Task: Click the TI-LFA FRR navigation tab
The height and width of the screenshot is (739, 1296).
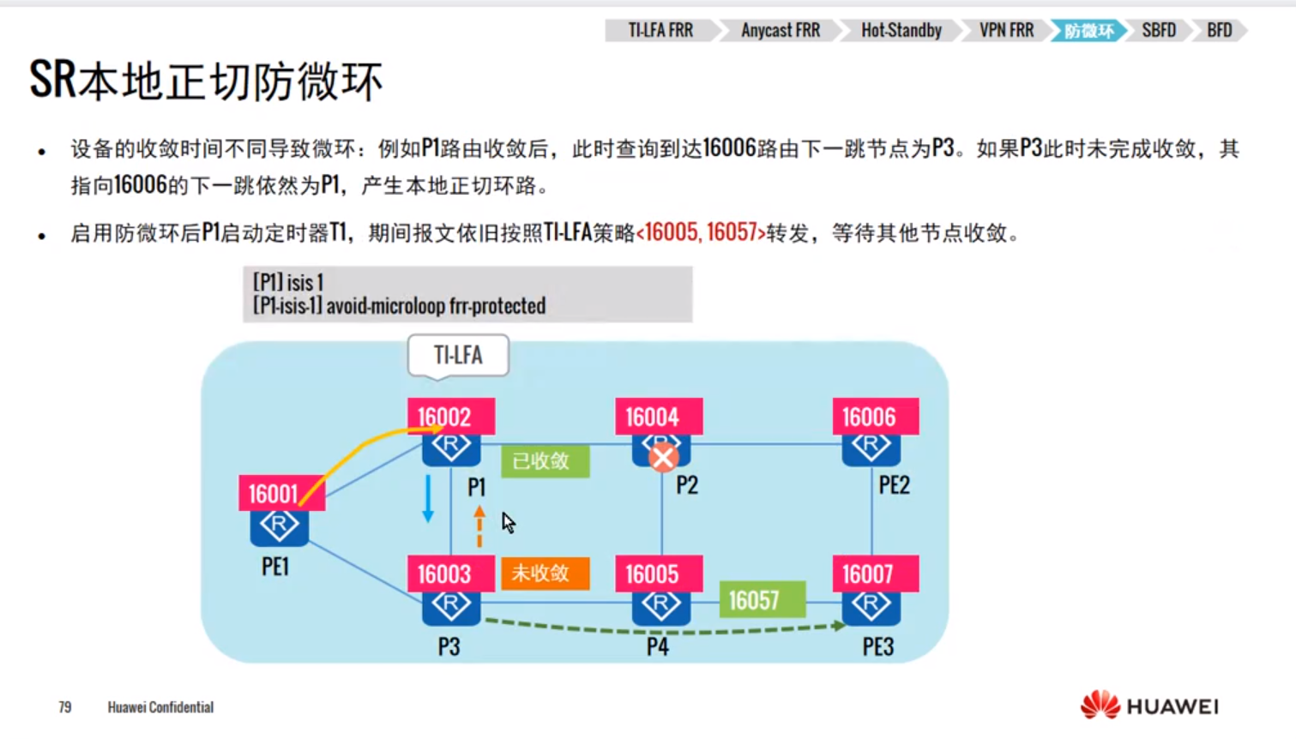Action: pyautogui.click(x=660, y=31)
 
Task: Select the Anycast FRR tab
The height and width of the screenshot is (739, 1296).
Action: pyautogui.click(x=780, y=31)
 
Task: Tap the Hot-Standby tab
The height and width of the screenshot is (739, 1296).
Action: pyautogui.click(x=901, y=31)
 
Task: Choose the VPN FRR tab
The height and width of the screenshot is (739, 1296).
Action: pyautogui.click(x=1006, y=31)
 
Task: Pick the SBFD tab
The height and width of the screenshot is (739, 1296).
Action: pyautogui.click(x=1158, y=31)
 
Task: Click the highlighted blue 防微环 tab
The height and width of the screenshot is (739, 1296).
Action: pyautogui.click(x=1088, y=31)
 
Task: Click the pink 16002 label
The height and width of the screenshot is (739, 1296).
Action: pyautogui.click(x=450, y=417)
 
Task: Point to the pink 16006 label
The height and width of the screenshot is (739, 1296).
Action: pyautogui.click(x=875, y=417)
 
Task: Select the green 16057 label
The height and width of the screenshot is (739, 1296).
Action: pyautogui.click(x=762, y=600)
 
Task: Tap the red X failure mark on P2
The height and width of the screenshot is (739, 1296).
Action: pyautogui.click(x=662, y=459)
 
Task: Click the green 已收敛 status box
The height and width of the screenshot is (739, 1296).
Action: pyautogui.click(x=545, y=461)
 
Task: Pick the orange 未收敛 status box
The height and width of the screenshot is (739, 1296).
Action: pyautogui.click(x=545, y=573)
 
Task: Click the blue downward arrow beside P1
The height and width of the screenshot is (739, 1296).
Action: pyautogui.click(x=428, y=498)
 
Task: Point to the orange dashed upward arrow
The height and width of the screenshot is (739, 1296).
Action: pyautogui.click(x=479, y=526)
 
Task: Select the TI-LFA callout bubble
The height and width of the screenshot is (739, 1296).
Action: pyautogui.click(x=458, y=355)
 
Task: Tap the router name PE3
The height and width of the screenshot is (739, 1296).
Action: pyautogui.click(x=877, y=646)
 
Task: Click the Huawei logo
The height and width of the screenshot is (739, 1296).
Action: pyautogui.click(x=1148, y=706)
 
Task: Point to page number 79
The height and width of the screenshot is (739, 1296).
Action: pyautogui.click(x=65, y=707)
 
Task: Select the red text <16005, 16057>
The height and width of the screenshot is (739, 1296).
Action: pyautogui.click(x=701, y=232)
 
